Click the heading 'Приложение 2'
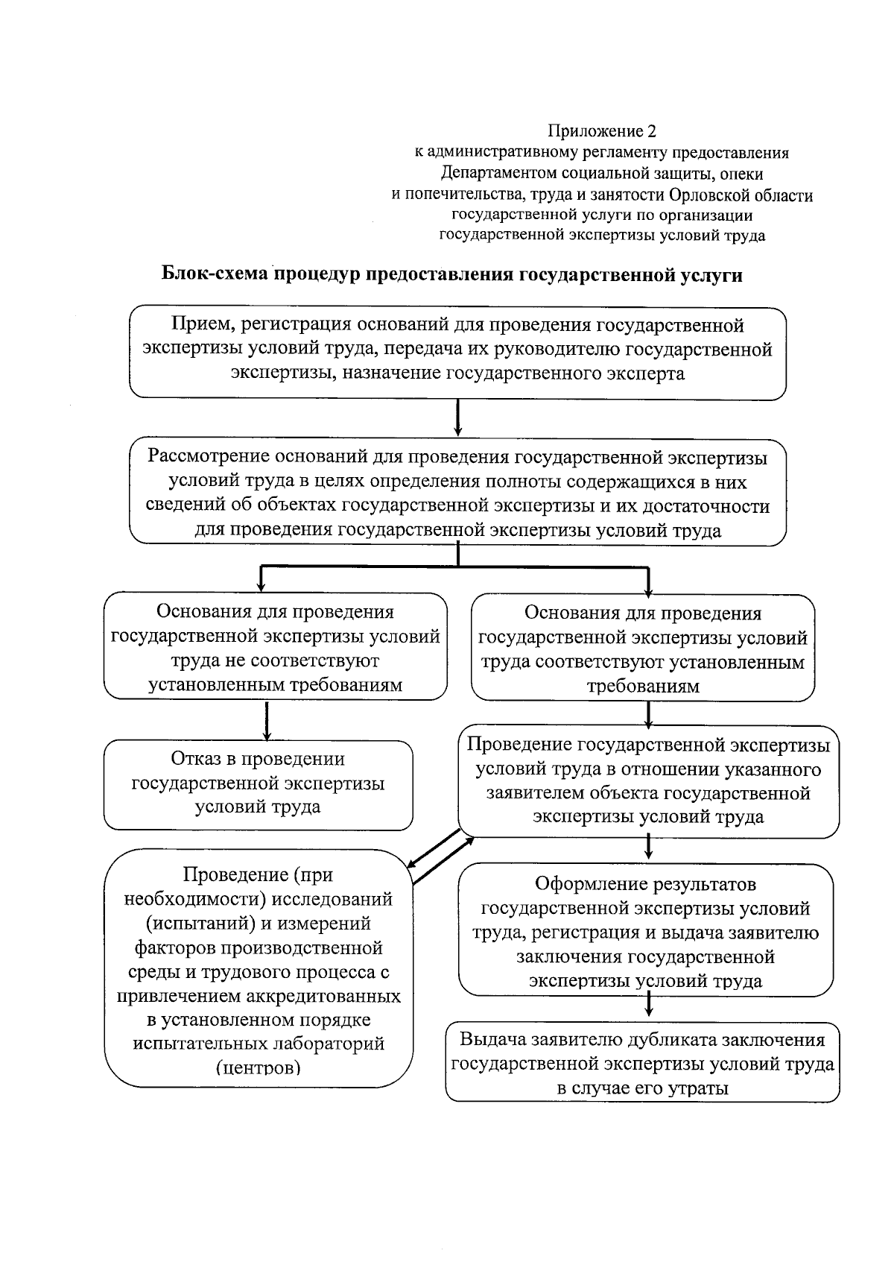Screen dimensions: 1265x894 [602, 132]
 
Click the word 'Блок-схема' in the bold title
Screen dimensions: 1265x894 [215, 274]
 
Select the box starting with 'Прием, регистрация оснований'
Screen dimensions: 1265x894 [457, 353]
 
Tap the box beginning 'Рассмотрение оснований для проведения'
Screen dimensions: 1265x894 [457, 493]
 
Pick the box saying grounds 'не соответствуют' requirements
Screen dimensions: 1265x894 [275, 646]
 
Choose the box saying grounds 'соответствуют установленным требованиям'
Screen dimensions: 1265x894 [643, 648]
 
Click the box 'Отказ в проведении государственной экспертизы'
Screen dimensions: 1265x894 [258, 784]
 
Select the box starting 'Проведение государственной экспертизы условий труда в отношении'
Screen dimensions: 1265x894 [648, 780]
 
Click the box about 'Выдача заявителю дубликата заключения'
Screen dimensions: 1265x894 [643, 1062]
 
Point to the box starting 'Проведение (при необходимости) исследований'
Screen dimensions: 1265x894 [258, 969]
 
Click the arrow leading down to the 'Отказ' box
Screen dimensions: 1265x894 [266, 719]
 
